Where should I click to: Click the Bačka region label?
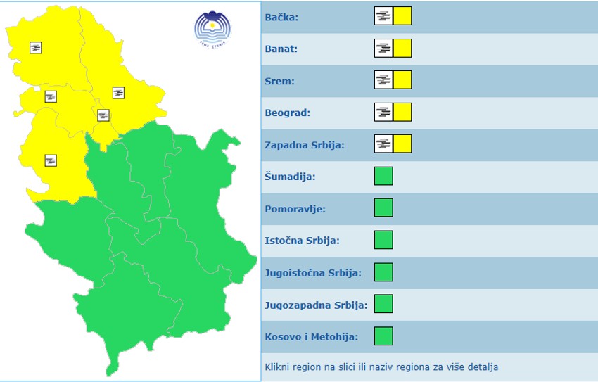pos(281,17)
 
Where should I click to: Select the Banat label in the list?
pos(281,49)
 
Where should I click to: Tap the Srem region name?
pos(279,81)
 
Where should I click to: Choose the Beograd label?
pos(287,113)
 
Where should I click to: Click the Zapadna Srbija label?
pos(304,145)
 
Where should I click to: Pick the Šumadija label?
pos(290,177)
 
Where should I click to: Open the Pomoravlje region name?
pos(295,209)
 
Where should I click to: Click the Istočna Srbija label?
pos(302,241)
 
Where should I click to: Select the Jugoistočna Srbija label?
pos(313,273)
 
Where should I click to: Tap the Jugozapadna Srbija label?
pos(316,305)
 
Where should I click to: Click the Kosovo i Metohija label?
pos(311,337)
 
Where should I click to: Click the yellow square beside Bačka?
pos(402,16)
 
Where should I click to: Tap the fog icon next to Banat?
pos(383,49)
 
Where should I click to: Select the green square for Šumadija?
pos(383,176)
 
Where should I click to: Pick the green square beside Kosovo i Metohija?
pos(383,336)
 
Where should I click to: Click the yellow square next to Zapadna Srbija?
pos(402,144)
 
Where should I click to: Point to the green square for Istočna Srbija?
pos(383,240)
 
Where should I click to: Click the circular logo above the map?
pos(212,28)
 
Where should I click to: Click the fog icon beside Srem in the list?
pos(383,80)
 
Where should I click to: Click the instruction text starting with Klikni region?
pos(381,367)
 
